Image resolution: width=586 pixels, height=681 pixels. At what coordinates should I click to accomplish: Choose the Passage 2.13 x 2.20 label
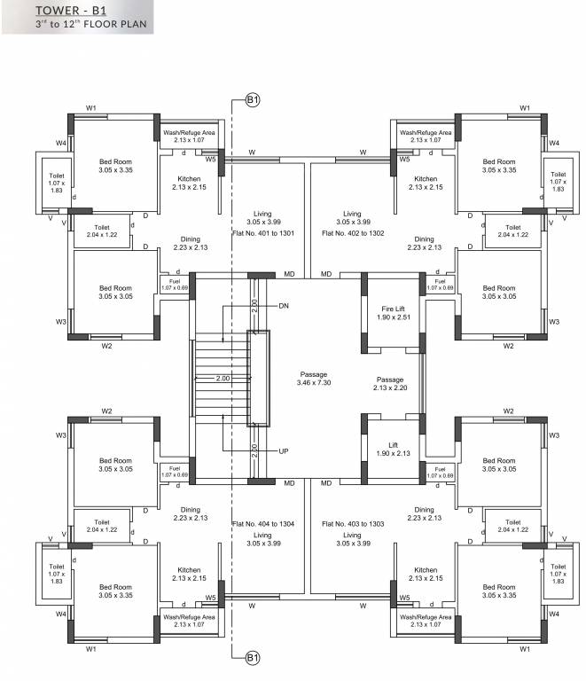pyautogui.click(x=390, y=383)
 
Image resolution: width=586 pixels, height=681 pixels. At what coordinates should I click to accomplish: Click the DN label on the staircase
pyautogui.click(x=284, y=306)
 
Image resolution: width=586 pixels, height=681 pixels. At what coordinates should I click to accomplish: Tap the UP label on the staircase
pyautogui.click(x=284, y=451)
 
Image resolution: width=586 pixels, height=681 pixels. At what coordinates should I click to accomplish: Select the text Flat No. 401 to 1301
pyautogui.click(x=262, y=232)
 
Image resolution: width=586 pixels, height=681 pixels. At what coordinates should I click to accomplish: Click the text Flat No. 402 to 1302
pyautogui.click(x=353, y=232)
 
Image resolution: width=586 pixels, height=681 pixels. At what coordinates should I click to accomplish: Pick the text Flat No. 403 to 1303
pyautogui.click(x=353, y=524)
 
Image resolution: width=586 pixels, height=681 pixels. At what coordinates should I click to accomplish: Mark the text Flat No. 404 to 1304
pyautogui.click(x=262, y=524)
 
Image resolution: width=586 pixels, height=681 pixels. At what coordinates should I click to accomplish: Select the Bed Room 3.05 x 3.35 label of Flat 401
pyautogui.click(x=115, y=166)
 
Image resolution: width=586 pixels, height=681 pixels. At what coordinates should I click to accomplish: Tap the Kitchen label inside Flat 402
pyautogui.click(x=425, y=183)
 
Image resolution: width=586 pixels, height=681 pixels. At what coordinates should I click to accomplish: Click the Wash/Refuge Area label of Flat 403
pyautogui.click(x=425, y=620)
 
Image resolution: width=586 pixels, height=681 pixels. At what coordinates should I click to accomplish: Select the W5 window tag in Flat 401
pyautogui.click(x=211, y=160)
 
